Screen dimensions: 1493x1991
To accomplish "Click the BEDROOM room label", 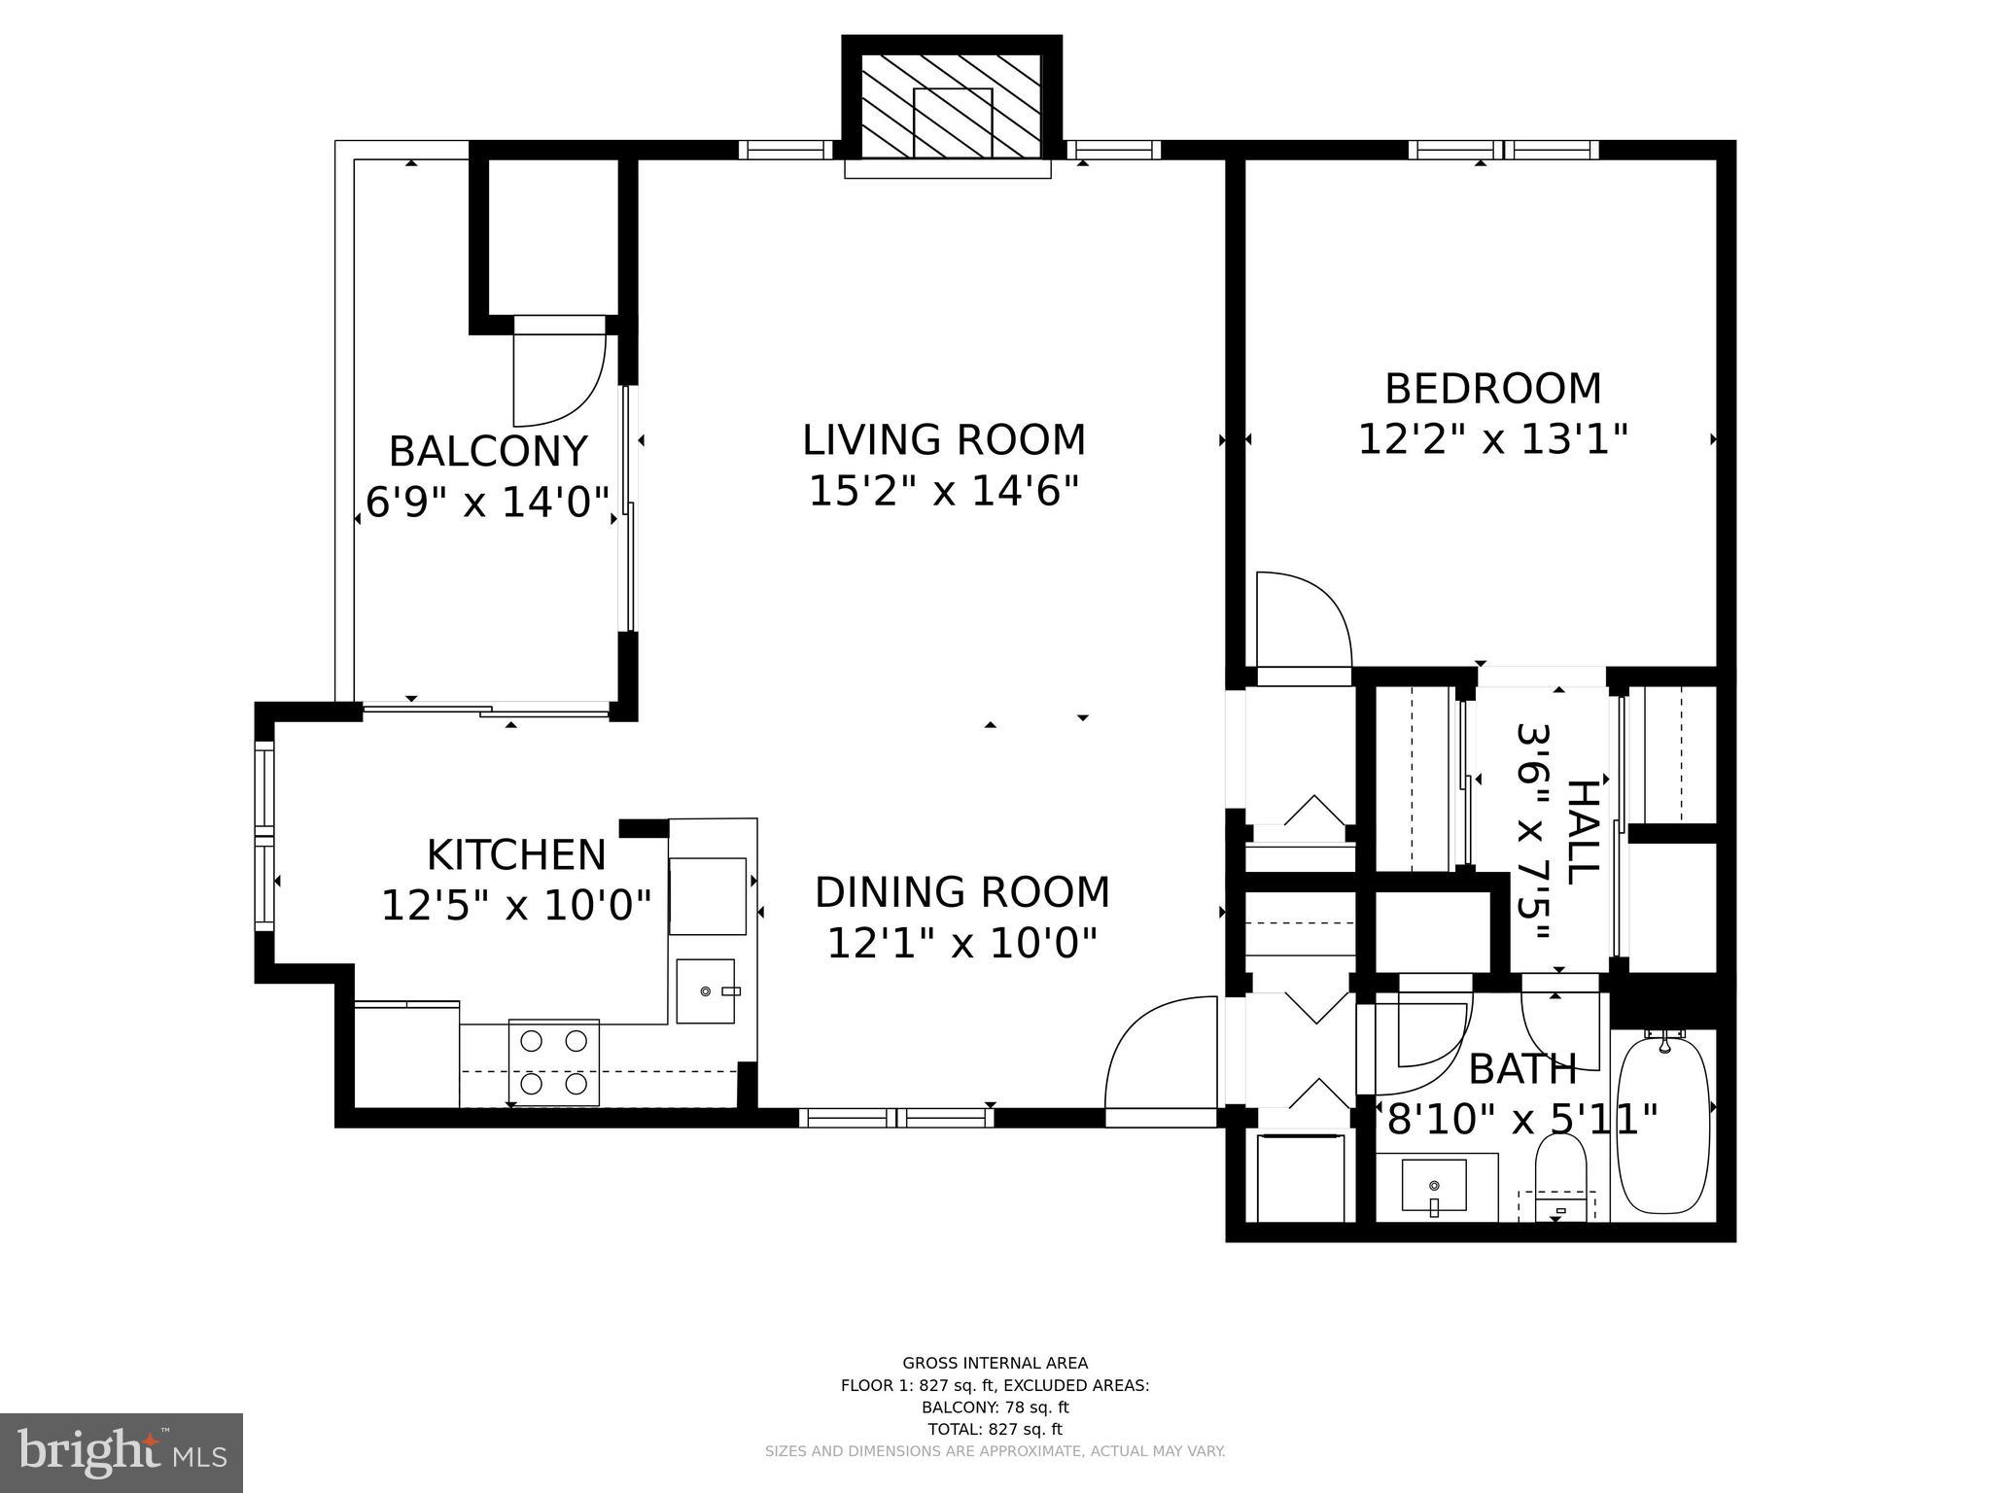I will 1492,389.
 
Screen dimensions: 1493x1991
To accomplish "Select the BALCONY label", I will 488,452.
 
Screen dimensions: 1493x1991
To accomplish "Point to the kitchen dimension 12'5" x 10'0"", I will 515,906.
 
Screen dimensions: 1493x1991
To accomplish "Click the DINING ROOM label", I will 961,892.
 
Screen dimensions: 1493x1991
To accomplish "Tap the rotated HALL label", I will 1582,831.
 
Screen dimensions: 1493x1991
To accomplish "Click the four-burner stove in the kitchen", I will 554,1061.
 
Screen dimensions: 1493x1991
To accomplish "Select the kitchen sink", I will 707,990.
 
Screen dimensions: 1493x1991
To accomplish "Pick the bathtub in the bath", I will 1663,1126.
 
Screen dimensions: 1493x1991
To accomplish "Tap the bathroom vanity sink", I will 1435,1186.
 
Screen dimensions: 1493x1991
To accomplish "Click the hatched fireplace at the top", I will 952,107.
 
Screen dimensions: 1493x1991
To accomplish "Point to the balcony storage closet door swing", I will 558,379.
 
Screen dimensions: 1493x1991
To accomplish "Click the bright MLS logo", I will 122,1452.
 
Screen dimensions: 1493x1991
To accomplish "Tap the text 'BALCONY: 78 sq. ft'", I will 995,1407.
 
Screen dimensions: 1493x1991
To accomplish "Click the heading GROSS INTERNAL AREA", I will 995,1363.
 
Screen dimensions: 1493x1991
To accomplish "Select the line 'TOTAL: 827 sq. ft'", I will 995,1429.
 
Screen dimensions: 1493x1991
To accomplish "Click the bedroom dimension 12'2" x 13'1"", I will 1492,439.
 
